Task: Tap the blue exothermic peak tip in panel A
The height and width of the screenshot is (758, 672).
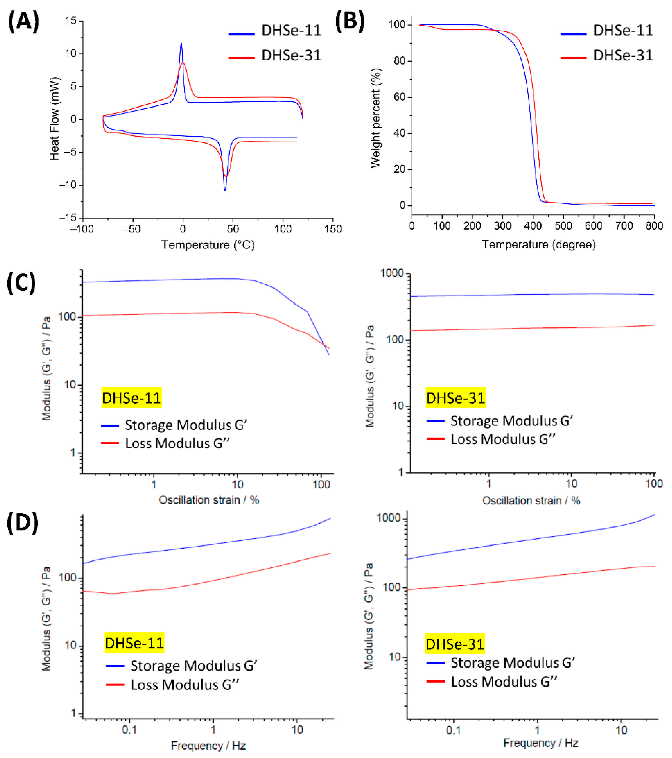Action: pyautogui.click(x=181, y=44)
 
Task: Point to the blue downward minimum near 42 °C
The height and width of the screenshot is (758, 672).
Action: pyautogui.click(x=225, y=190)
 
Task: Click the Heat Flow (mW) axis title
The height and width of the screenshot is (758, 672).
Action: pyautogui.click(x=54, y=119)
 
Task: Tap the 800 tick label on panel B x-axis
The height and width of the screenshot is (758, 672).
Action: pyautogui.click(x=654, y=226)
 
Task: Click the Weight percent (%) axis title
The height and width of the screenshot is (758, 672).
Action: pyautogui.click(x=376, y=118)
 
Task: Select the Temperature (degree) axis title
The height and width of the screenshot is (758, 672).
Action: pyautogui.click(x=539, y=244)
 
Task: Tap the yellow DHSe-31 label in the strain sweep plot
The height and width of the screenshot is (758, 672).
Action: pyautogui.click(x=455, y=398)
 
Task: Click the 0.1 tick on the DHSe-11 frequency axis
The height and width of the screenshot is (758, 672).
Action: pyautogui.click(x=129, y=730)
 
